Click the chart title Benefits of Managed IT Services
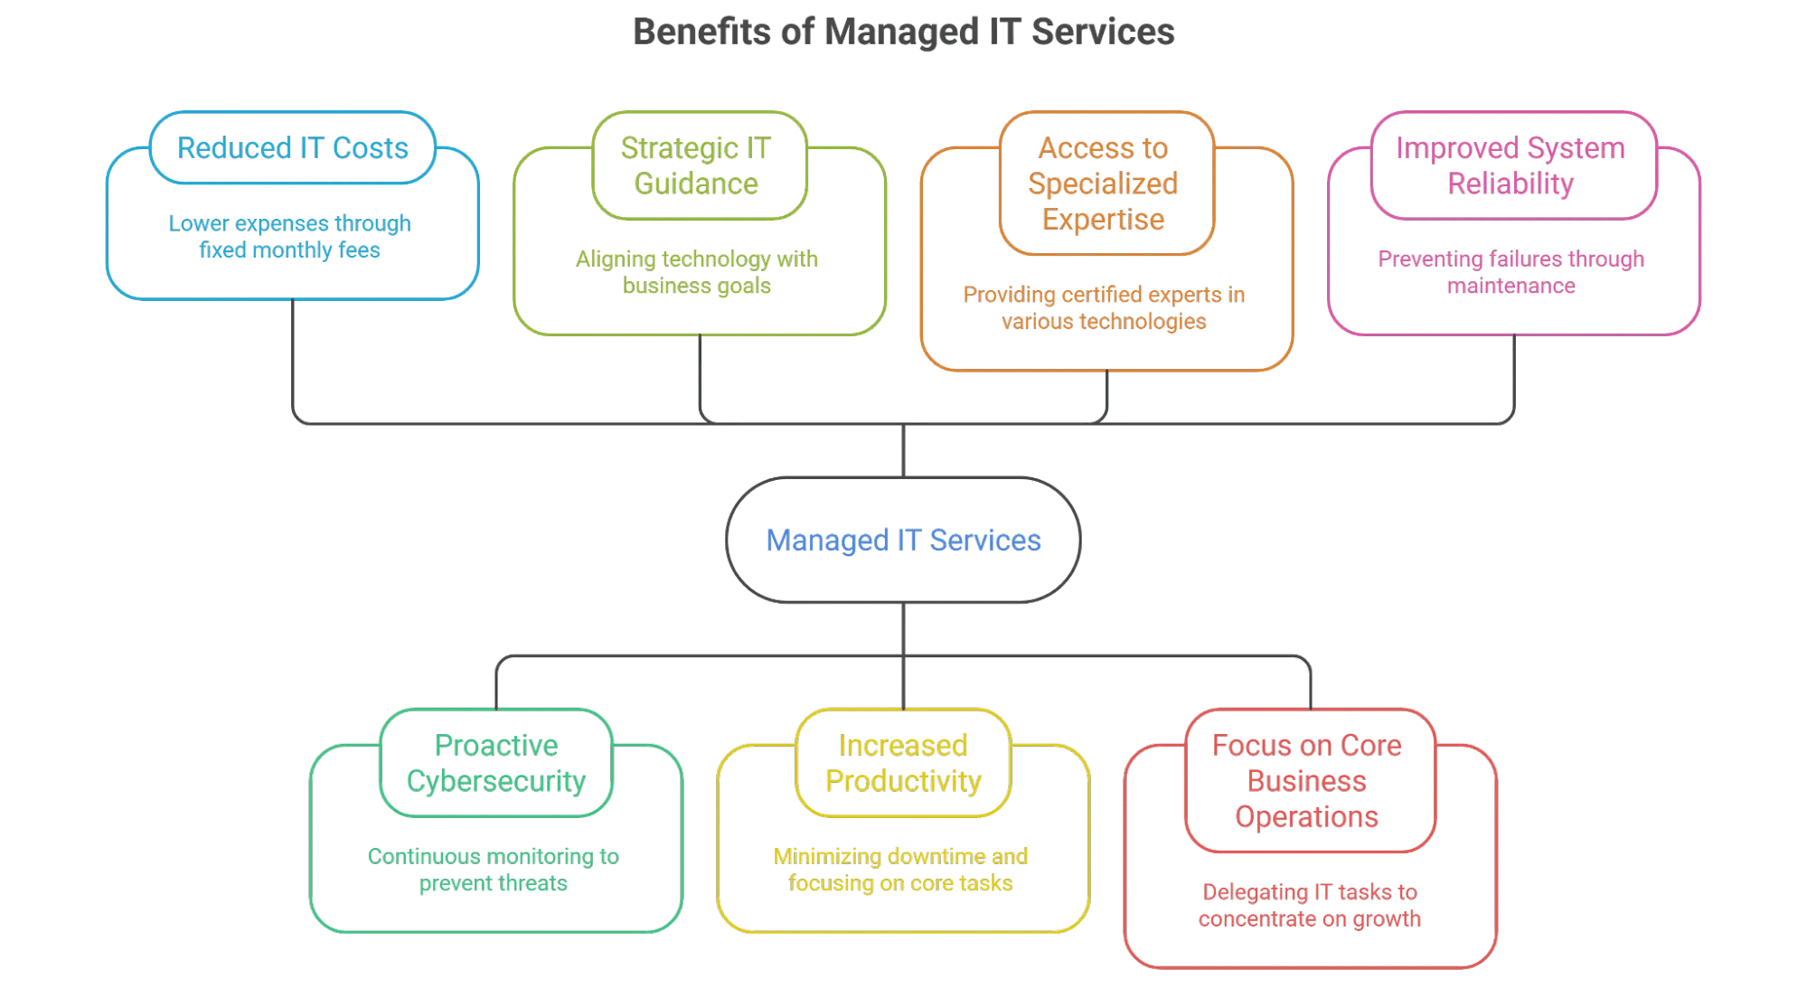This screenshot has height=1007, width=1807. coord(903,33)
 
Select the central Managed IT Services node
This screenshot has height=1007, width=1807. coord(903,541)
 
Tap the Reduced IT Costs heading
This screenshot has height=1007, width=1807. coord(292,148)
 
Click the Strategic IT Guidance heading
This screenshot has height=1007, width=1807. coord(696,166)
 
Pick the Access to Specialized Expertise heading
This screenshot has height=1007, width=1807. coord(1104,184)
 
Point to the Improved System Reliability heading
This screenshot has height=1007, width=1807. coord(1511,166)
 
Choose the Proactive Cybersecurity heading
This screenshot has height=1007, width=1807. coord(495,763)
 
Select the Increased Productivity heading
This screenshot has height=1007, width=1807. coord(903,763)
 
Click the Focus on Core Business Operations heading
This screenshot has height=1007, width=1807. coord(1307,781)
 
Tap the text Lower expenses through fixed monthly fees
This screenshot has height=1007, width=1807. coord(290,237)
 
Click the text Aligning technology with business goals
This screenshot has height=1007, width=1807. coord(696,273)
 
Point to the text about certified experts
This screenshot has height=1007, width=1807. coord(1104,308)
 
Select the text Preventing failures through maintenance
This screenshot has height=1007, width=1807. coord(1511,273)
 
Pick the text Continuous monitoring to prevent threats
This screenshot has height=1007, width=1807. coord(494,870)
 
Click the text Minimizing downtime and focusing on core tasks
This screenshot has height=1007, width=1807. coord(901,870)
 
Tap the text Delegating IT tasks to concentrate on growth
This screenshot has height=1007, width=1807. coord(1310,906)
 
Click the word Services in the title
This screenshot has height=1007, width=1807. coord(1104,33)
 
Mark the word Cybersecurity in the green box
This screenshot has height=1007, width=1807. coord(495,781)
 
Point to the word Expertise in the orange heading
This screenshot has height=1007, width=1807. coord(1104,220)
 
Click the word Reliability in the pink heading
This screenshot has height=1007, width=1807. coord(1511,184)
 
